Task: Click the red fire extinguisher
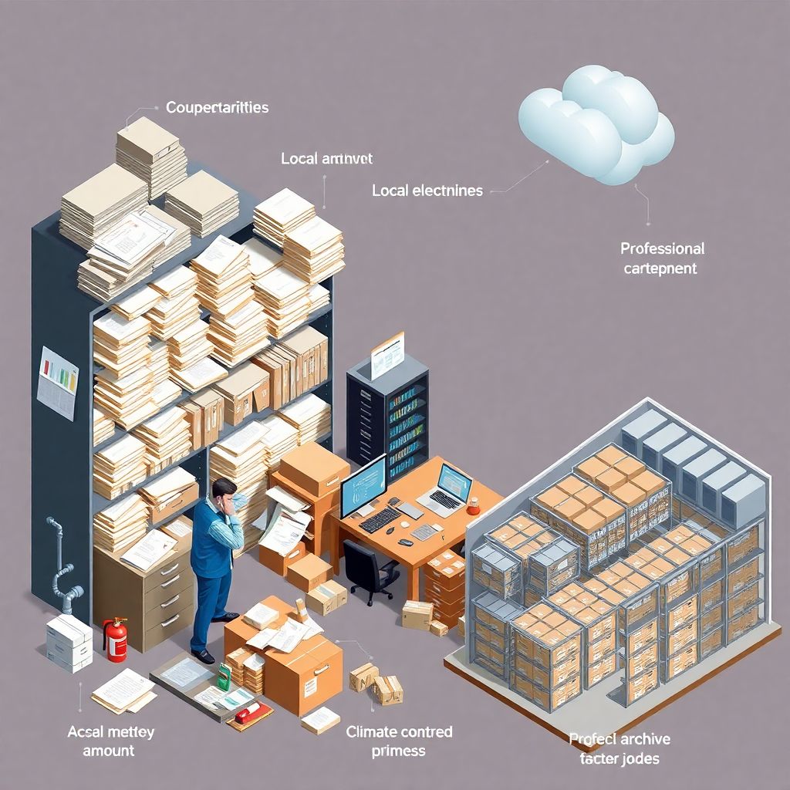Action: click(116, 640)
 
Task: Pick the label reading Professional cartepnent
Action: click(662, 258)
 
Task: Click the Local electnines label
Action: click(427, 190)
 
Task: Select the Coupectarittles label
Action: click(218, 107)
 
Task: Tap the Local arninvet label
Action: click(326, 159)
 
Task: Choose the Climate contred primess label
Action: click(399, 740)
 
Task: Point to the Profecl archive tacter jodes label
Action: click(620, 748)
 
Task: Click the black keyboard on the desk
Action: click(380, 519)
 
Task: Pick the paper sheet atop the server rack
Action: click(387, 355)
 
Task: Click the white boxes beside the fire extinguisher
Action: click(69, 642)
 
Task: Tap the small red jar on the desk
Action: click(474, 507)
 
